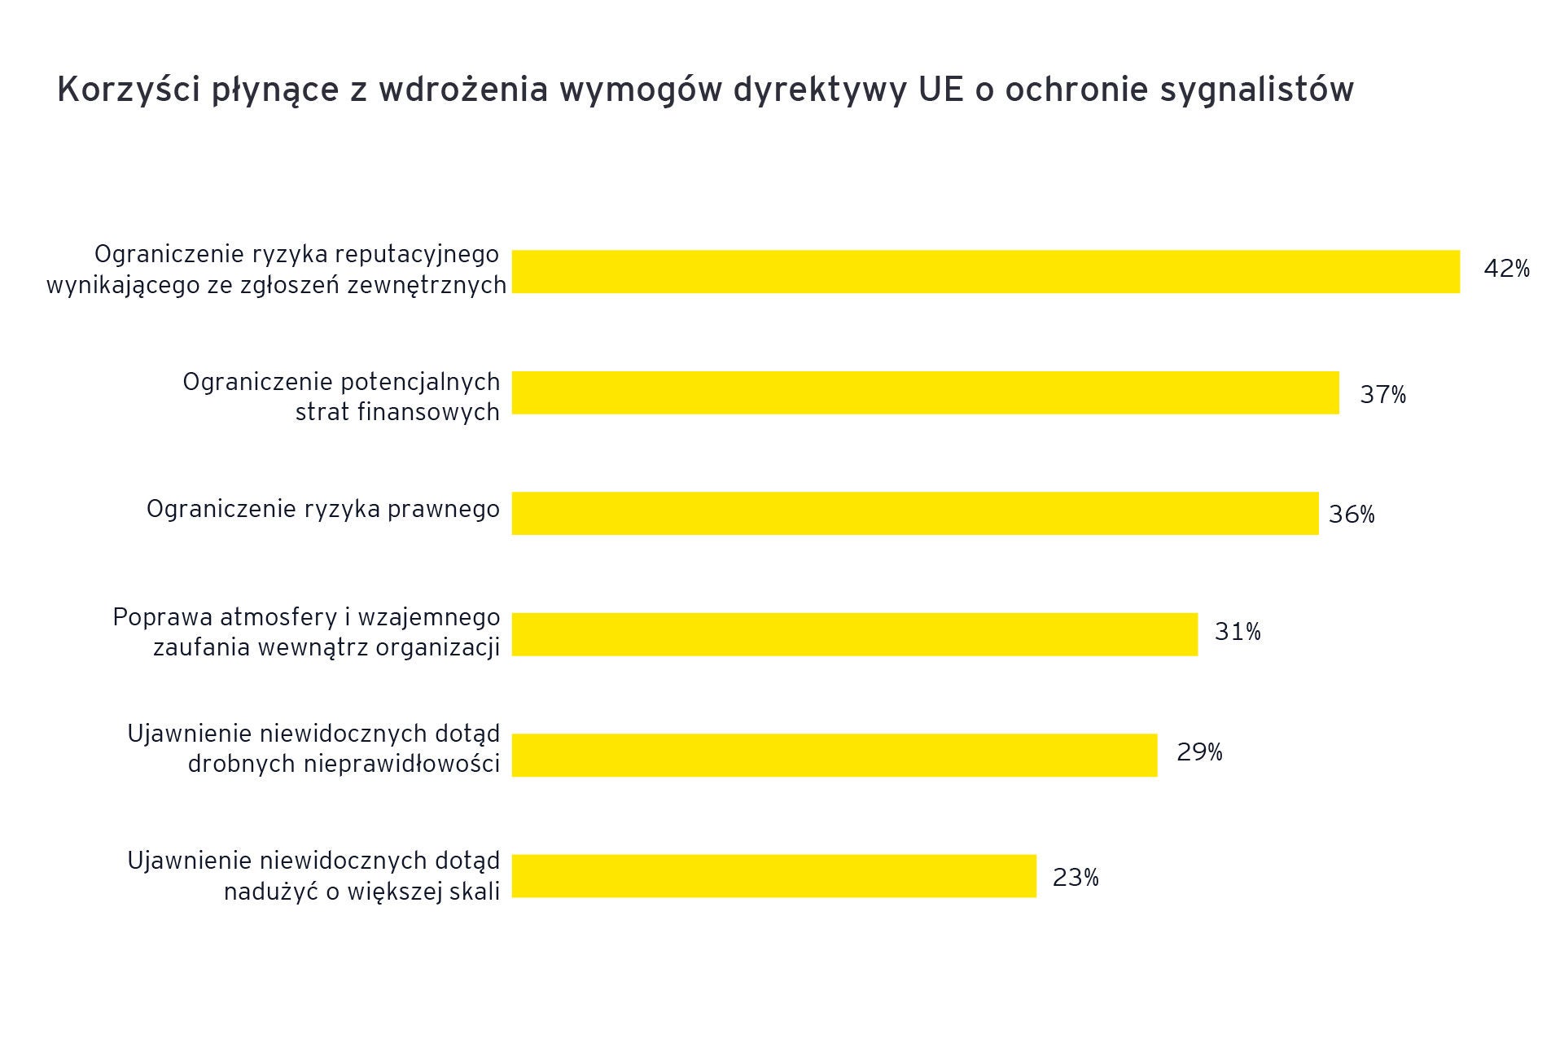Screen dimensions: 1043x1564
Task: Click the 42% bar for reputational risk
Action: click(985, 271)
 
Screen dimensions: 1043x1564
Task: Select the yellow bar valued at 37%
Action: click(925, 392)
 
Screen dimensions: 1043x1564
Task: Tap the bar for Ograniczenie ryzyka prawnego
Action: click(914, 513)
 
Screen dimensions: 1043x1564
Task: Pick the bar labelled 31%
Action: click(854, 634)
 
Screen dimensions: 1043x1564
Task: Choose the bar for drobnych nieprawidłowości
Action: click(834, 755)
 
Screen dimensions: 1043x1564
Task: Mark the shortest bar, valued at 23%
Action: click(773, 876)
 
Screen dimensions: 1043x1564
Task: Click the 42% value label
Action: click(1506, 269)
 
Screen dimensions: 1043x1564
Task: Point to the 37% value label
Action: click(1382, 395)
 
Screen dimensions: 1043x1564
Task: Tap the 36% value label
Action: click(1352, 515)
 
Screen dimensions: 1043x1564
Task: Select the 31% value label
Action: click(1238, 632)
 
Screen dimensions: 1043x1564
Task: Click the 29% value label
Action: click(1199, 752)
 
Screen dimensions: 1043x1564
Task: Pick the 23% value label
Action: click(1076, 878)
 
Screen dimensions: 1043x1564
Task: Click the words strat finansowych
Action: click(397, 413)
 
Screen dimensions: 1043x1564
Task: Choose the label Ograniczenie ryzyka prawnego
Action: click(323, 510)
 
